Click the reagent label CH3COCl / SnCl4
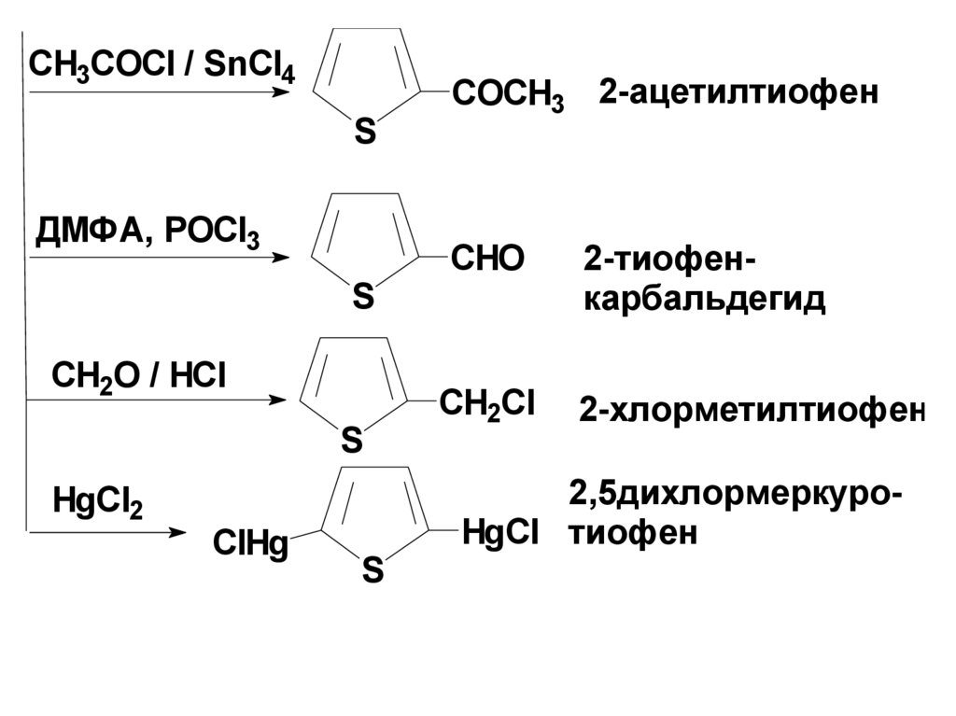click(162, 68)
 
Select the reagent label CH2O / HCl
click(138, 379)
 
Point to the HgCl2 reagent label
click(97, 504)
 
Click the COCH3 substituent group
click(508, 95)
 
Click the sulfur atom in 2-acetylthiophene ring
click(364, 133)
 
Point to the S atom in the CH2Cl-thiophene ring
click(351, 438)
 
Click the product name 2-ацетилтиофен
click(738, 92)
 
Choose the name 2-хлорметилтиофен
click(752, 410)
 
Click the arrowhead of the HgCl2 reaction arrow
click(176, 533)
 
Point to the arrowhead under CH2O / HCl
click(278, 400)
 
